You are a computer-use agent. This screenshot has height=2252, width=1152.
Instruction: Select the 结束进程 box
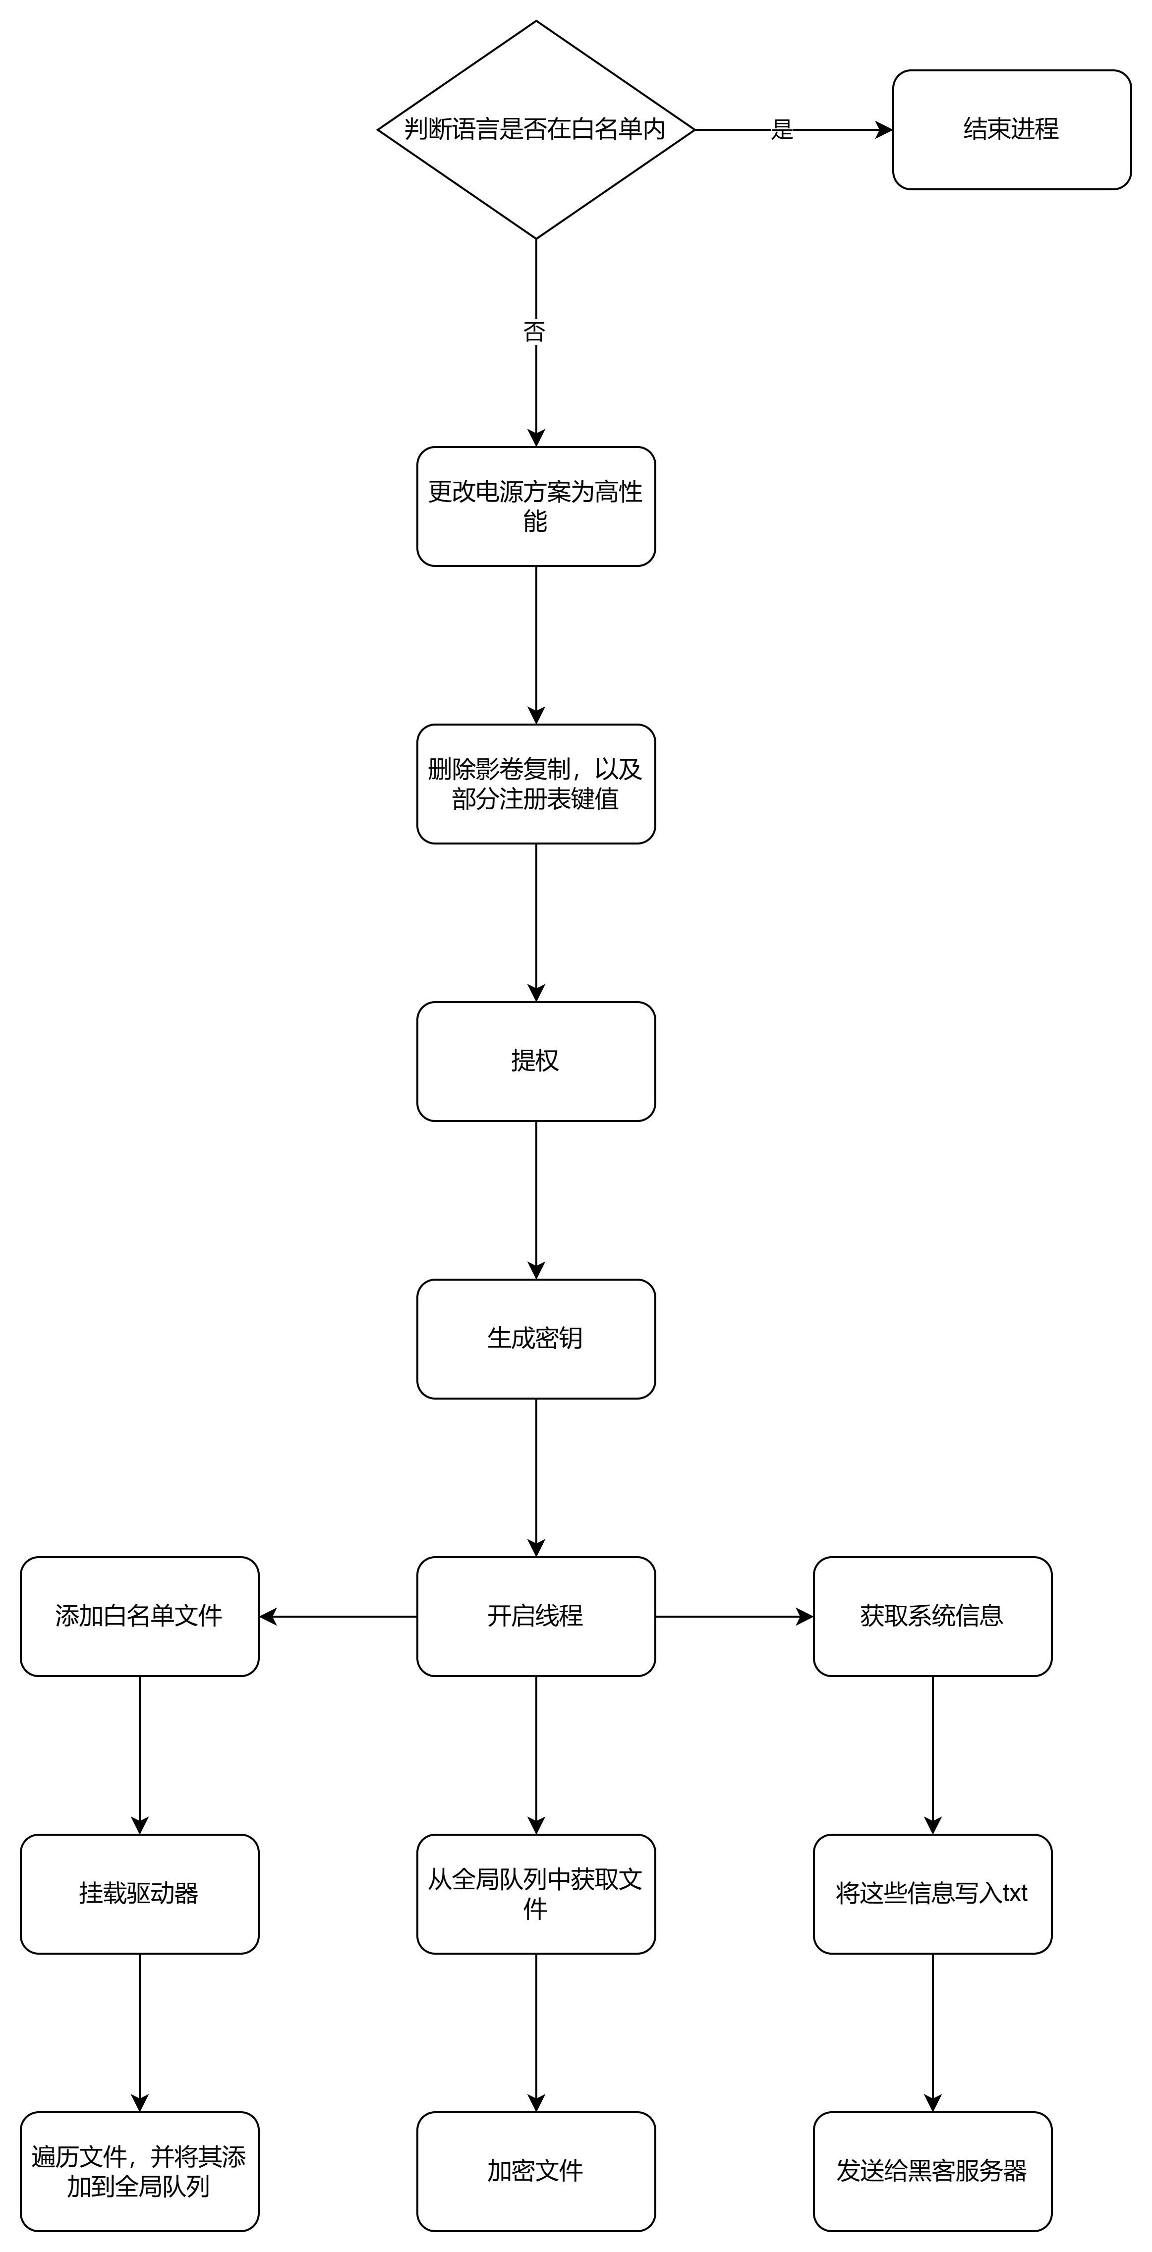point(1011,129)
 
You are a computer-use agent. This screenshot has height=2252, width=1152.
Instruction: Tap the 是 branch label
point(781,129)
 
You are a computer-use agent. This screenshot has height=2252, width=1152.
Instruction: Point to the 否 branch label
point(533,332)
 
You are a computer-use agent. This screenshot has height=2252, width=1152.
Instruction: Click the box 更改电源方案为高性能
point(535,506)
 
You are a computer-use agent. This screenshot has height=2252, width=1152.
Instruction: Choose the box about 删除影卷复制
point(535,784)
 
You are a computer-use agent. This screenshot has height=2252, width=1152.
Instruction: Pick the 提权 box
point(535,1061)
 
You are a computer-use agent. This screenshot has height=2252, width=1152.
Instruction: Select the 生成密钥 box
point(535,1339)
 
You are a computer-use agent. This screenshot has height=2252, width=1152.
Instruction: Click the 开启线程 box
point(535,1616)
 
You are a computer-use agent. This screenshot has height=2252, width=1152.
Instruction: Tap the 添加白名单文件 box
point(139,1616)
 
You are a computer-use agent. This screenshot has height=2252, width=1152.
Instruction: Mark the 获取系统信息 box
point(931,1616)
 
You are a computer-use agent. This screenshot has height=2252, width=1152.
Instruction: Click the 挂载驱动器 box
point(139,1894)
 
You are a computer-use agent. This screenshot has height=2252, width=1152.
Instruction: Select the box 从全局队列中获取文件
point(535,1894)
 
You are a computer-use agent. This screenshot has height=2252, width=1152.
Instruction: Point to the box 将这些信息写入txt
point(931,1894)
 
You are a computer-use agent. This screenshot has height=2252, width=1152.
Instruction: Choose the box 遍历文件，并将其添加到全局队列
point(139,2171)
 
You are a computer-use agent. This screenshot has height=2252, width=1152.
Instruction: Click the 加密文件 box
point(535,2171)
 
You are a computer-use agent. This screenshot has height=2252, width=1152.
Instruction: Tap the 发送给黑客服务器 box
point(931,2171)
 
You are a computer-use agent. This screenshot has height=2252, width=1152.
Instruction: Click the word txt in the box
point(1015,1894)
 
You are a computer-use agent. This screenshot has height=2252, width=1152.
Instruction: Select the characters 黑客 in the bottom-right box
point(931,2171)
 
